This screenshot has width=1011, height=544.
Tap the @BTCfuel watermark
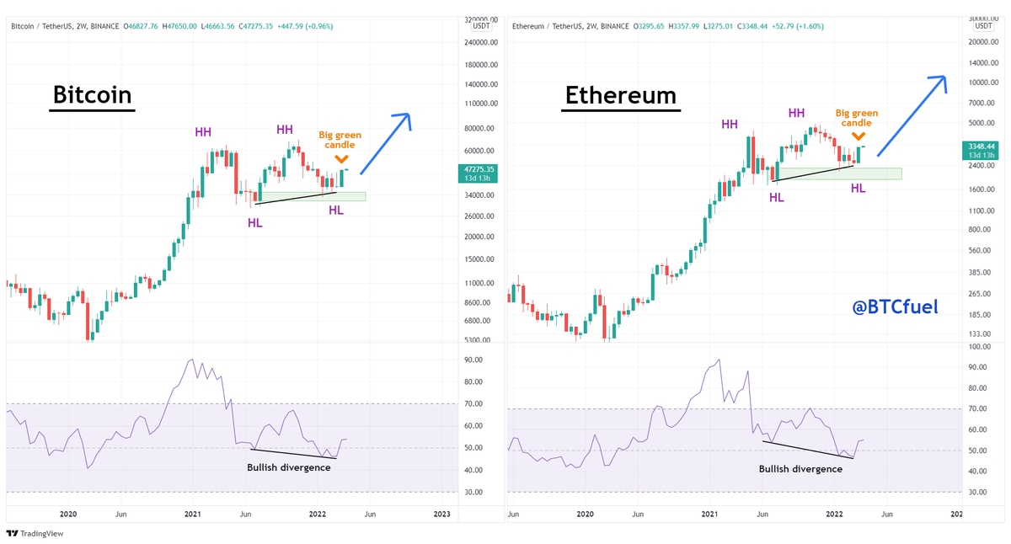click(x=894, y=307)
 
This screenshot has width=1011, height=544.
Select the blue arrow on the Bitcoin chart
click(x=386, y=143)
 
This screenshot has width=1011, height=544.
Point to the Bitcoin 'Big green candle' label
click(x=341, y=140)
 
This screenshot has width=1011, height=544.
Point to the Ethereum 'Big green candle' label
click(x=857, y=118)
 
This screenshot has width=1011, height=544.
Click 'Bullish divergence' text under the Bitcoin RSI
click(x=288, y=467)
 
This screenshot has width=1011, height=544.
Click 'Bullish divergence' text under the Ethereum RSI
click(x=800, y=469)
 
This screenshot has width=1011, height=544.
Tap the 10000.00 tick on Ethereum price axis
click(x=982, y=83)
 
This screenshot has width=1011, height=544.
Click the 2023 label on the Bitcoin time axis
click(x=441, y=514)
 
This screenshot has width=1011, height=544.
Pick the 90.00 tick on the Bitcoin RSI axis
click(x=473, y=360)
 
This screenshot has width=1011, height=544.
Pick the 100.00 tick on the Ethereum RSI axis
click(x=978, y=346)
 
